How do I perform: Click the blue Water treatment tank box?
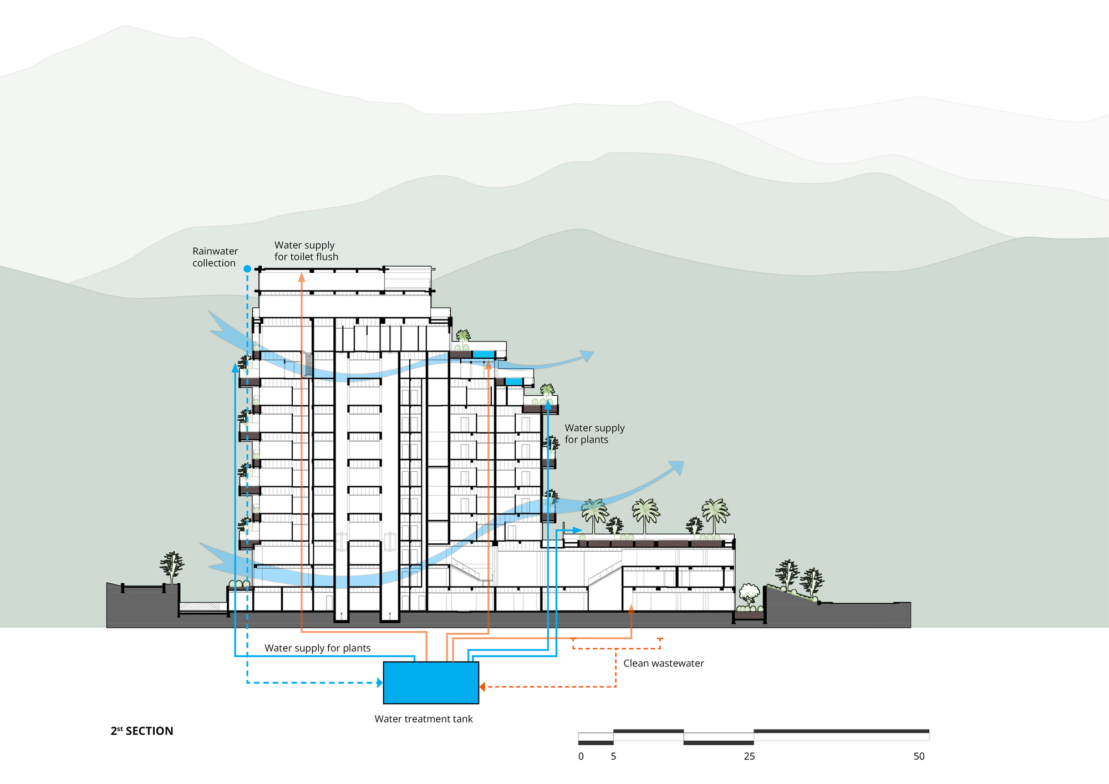[431, 683]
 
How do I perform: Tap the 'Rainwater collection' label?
[215, 257]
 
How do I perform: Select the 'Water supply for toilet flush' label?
[306, 251]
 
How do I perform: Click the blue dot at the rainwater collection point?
[247, 269]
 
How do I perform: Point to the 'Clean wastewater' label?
[663, 663]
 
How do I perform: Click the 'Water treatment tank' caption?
[424, 719]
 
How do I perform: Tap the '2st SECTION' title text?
[142, 731]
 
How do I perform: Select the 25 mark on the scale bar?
[749, 756]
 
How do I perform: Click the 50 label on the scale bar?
[919, 756]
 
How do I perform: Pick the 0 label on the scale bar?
[581, 756]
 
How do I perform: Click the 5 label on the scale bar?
[613, 756]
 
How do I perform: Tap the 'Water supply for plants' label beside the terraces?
[594, 434]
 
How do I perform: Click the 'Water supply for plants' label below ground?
[317, 648]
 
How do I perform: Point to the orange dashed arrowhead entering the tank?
[482, 687]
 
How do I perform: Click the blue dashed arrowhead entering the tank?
[380, 683]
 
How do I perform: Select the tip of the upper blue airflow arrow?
[594, 352]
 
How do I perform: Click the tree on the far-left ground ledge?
[172, 567]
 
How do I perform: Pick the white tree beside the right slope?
[749, 594]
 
